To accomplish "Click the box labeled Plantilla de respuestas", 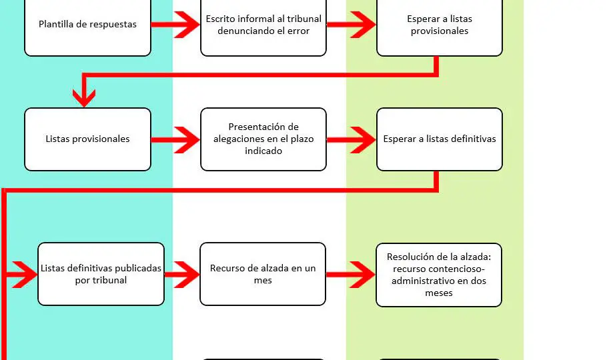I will (x=87, y=25).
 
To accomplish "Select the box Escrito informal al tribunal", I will (x=263, y=25).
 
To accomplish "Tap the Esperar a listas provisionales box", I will (x=439, y=25).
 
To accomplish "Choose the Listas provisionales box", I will (x=87, y=139).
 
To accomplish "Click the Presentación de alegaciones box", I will (x=263, y=139).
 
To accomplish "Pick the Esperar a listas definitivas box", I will (x=439, y=139).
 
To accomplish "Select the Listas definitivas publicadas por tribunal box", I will (x=101, y=274).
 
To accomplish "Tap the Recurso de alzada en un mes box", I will (x=263, y=274).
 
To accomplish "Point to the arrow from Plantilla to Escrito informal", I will (x=175, y=25).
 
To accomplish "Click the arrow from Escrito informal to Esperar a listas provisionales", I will (x=352, y=25).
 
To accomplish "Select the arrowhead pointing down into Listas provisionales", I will (x=84, y=97).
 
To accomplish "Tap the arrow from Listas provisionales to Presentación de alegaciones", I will (x=175, y=139).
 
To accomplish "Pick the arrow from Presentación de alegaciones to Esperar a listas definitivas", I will (x=352, y=139).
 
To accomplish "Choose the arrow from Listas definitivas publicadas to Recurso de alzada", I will (x=182, y=274).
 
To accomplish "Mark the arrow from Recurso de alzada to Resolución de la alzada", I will (x=351, y=274).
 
